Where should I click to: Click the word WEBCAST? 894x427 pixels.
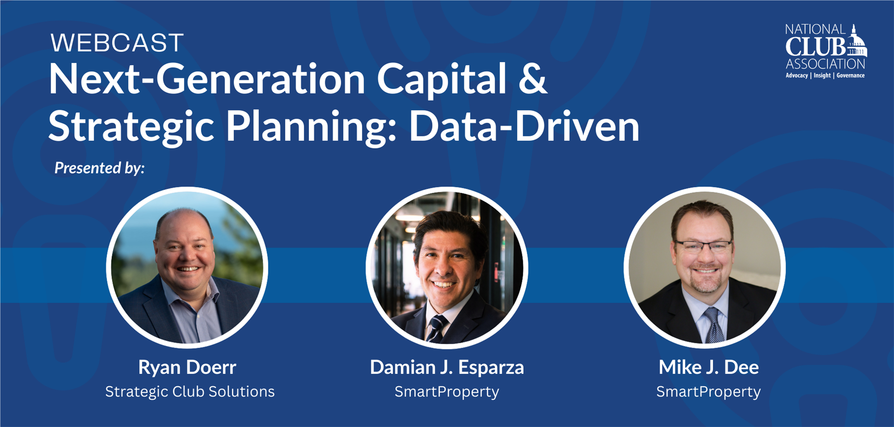coord(117,43)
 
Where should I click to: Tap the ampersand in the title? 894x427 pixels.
coord(533,79)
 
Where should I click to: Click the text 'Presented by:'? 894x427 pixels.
coord(99,168)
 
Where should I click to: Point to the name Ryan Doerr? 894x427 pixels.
coord(187,367)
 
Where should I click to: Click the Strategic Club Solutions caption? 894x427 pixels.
coord(190,392)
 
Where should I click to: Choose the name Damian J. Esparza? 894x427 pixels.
coord(447,367)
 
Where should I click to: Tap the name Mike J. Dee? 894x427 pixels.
coord(708,367)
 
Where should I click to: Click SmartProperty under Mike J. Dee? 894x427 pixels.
coord(708,392)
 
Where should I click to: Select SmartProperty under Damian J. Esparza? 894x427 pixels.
coord(447,392)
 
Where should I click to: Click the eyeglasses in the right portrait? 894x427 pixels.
coord(703,246)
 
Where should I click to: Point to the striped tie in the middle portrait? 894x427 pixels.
coord(437,329)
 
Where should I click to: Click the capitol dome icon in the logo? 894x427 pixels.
coord(857,43)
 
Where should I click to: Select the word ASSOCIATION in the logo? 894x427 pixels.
coord(825,64)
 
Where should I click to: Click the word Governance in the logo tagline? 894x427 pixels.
coord(851,75)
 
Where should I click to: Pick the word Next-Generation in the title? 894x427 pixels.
coord(207,79)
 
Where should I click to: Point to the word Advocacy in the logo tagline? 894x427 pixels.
coord(797,75)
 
